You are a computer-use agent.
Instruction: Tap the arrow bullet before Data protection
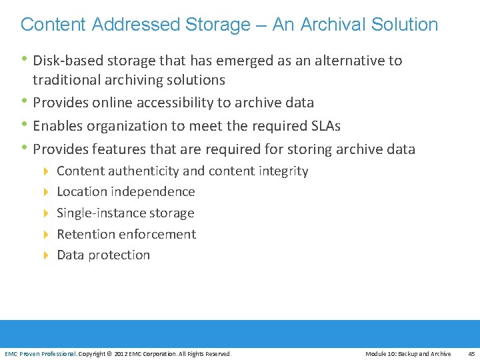tap(46, 255)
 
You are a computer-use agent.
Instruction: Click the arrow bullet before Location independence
tap(46, 192)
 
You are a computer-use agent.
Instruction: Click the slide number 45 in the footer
tap(471, 354)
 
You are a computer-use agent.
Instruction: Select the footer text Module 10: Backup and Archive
tap(408, 354)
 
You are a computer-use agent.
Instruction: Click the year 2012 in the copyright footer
tap(122, 354)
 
